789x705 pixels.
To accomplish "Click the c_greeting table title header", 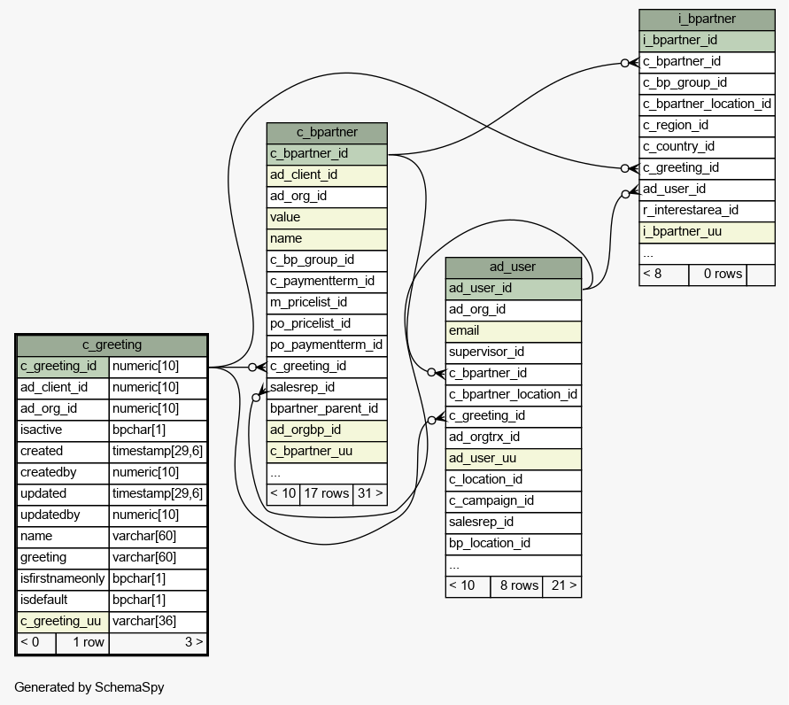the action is coord(112,345).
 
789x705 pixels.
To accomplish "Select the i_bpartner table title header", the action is coord(707,19).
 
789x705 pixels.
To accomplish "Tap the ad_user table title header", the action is coord(514,267).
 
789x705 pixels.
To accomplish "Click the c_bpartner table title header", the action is coord(327,133).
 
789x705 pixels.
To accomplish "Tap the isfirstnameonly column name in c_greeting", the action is coord(63,579).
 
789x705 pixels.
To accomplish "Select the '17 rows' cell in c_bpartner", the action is coord(327,493).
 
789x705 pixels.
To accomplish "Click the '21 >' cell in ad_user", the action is coord(562,586).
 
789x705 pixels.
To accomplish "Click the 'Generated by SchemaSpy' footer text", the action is coord(89,688).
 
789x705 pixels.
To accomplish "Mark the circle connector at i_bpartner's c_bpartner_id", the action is coord(625,64).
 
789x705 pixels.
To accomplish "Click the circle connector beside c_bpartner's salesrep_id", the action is coord(256,398).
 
